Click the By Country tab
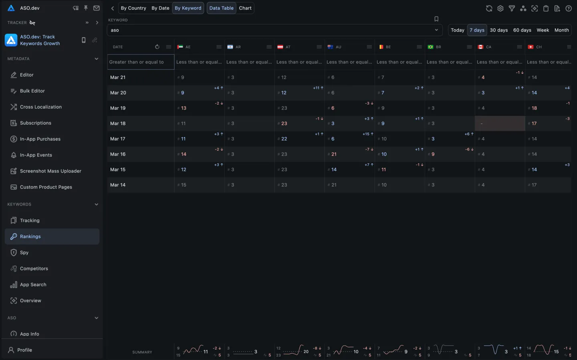133,8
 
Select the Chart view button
245,8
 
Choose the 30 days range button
498,30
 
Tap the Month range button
561,30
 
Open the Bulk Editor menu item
32,91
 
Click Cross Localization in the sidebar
41,107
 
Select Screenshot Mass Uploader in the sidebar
50,171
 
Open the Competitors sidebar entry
34,269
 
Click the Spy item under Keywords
24,253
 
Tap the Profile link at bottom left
24,350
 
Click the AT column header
288,47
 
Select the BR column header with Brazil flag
438,47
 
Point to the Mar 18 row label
118,123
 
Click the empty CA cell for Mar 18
500,123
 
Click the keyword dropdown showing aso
274,30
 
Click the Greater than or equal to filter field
141,62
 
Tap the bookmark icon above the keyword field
436,19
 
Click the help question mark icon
568,8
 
